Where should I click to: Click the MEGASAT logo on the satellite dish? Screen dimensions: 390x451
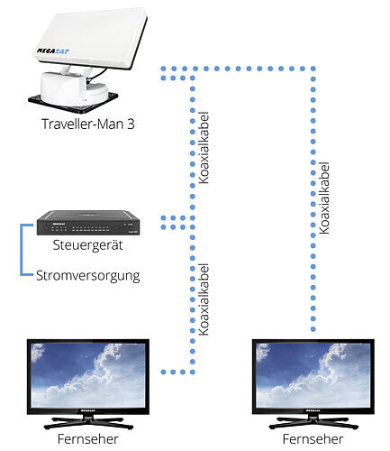pos(53,51)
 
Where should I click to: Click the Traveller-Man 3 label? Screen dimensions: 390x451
pos(88,124)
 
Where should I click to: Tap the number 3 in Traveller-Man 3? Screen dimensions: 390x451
pos(131,124)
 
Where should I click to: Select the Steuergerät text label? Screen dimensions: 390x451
pos(87,244)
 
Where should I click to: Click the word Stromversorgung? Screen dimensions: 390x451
pos(88,276)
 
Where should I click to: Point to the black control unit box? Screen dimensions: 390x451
pos(88,223)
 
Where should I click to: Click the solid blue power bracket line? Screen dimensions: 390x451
pos(22,250)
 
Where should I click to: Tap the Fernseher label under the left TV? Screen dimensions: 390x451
pos(87,439)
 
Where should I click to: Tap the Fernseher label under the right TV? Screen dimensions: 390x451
pos(313,439)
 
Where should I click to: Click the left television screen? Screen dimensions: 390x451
pos(88,375)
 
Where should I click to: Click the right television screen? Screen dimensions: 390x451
pos(313,375)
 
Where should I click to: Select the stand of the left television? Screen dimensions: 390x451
pos(88,422)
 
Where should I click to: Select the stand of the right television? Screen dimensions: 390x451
pos(313,422)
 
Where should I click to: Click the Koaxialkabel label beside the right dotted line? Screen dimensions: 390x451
pos(324,198)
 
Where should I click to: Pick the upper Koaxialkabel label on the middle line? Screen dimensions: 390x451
pos(204,148)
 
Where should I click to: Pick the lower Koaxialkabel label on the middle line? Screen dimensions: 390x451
pos(204,299)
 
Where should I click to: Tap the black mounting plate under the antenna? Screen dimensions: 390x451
pos(73,102)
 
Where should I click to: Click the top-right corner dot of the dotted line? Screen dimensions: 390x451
pos(313,69)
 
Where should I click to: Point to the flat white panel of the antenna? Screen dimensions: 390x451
pos(90,38)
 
